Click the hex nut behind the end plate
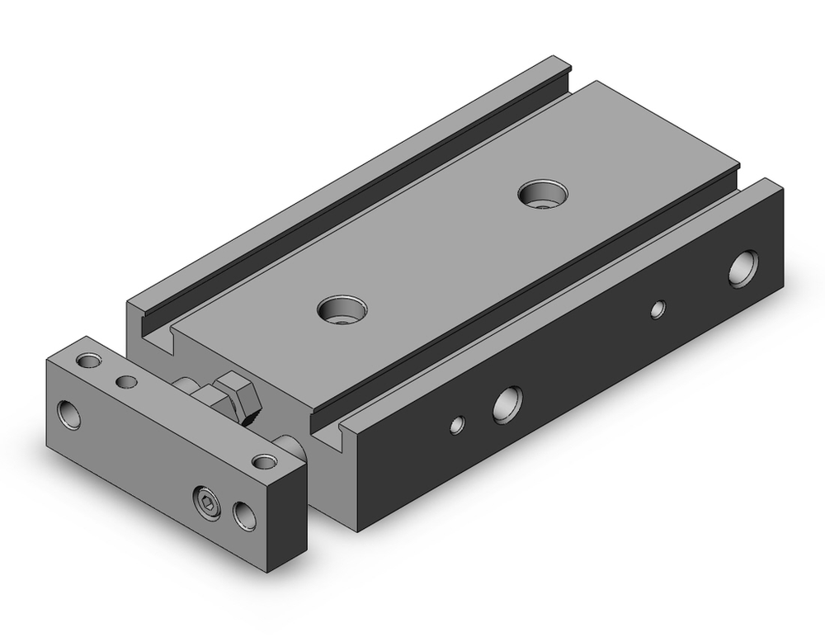tap(235, 395)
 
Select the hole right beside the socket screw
tap(244, 514)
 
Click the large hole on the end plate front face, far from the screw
tap(70, 413)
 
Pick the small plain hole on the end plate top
tap(126, 381)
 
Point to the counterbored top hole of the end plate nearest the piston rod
tap(264, 460)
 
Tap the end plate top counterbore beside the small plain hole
tap(88, 361)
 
